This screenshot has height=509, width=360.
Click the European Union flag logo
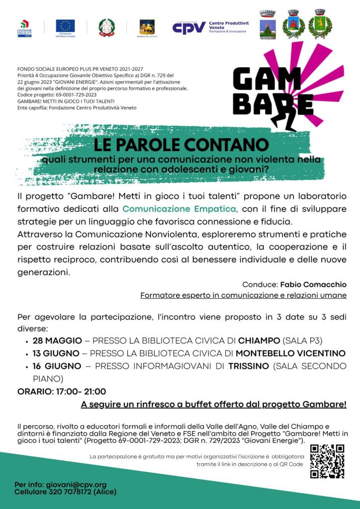tap(65, 25)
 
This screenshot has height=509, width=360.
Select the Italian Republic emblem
tap(105, 26)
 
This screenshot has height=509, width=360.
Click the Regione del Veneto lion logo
tap(146, 26)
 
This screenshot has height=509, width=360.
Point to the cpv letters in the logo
tap(189, 27)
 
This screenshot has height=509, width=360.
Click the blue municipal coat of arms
tap(267, 25)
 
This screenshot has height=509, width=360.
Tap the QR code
tap(327, 461)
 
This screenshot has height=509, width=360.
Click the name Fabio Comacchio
tap(313, 284)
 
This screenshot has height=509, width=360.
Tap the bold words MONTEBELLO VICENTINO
tap(290, 353)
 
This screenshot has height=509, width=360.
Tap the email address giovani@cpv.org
tap(76, 484)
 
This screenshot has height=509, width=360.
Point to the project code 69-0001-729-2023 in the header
tap(70, 94)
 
